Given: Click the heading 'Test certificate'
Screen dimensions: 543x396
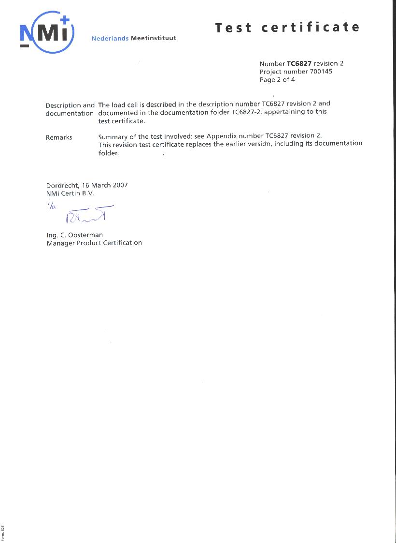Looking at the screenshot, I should (x=287, y=28).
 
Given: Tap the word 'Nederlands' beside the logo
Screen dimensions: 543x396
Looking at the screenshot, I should (x=110, y=38).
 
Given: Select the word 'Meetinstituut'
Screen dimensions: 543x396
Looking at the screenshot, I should (x=154, y=38).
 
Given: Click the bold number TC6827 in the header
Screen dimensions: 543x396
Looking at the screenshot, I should (x=299, y=63).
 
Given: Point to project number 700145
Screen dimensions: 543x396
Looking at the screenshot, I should (x=321, y=72).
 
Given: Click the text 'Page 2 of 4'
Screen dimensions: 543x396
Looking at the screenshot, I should (x=277, y=80).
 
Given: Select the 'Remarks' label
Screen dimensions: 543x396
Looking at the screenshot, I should (x=59, y=138).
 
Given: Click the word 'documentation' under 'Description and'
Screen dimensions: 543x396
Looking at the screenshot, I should (x=70, y=114).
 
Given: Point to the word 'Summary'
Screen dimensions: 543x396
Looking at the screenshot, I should (x=113, y=137).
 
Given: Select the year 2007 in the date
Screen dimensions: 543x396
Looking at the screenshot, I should (x=120, y=185).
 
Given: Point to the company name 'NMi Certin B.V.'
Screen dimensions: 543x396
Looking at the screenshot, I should (x=71, y=193).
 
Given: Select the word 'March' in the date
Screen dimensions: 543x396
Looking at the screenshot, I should (x=101, y=185).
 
